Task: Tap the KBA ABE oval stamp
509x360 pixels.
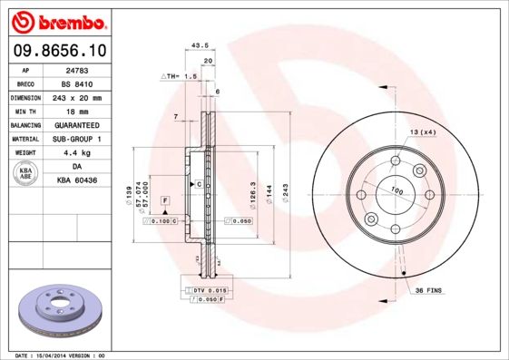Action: tap(26, 175)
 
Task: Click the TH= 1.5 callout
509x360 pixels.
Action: tap(181, 78)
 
